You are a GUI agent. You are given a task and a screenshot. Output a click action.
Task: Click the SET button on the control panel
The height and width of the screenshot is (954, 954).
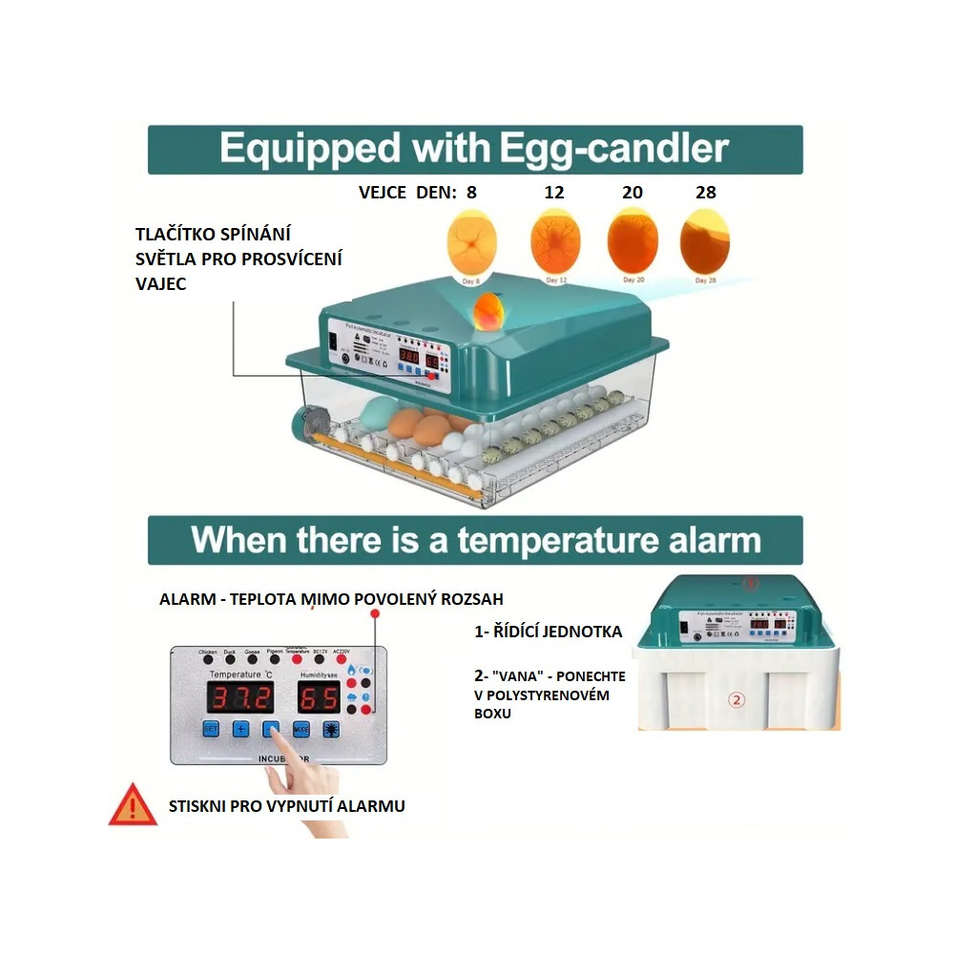click(x=212, y=729)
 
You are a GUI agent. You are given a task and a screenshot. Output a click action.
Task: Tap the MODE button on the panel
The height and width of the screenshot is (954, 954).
click(x=301, y=729)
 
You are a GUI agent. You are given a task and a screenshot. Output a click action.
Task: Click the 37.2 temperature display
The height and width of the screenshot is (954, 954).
click(x=240, y=697)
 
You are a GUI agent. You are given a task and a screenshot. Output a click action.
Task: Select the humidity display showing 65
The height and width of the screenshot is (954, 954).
click(x=320, y=697)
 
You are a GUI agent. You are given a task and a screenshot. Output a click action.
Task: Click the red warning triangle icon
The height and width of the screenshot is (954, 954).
click(x=133, y=805)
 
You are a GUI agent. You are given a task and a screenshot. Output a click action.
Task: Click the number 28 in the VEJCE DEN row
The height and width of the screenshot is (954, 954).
click(x=706, y=192)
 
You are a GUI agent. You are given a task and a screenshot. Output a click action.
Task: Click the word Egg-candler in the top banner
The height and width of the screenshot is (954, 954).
click(x=611, y=149)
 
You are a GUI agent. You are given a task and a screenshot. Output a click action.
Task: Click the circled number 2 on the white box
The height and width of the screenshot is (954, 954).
click(x=736, y=699)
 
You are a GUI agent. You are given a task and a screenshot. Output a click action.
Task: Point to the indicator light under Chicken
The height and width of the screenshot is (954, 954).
click(x=208, y=659)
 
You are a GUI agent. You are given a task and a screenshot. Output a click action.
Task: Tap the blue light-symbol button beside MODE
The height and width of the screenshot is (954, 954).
click(x=331, y=729)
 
